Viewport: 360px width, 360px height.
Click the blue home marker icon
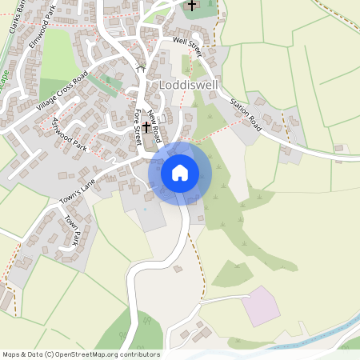click(179, 172)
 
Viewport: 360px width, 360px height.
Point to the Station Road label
click(246, 113)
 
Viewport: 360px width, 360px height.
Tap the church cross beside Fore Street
click(146, 127)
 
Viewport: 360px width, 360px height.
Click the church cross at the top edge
click(191, 6)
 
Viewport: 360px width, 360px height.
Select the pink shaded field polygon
click(261, 306)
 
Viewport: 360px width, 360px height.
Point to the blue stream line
click(320, 336)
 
